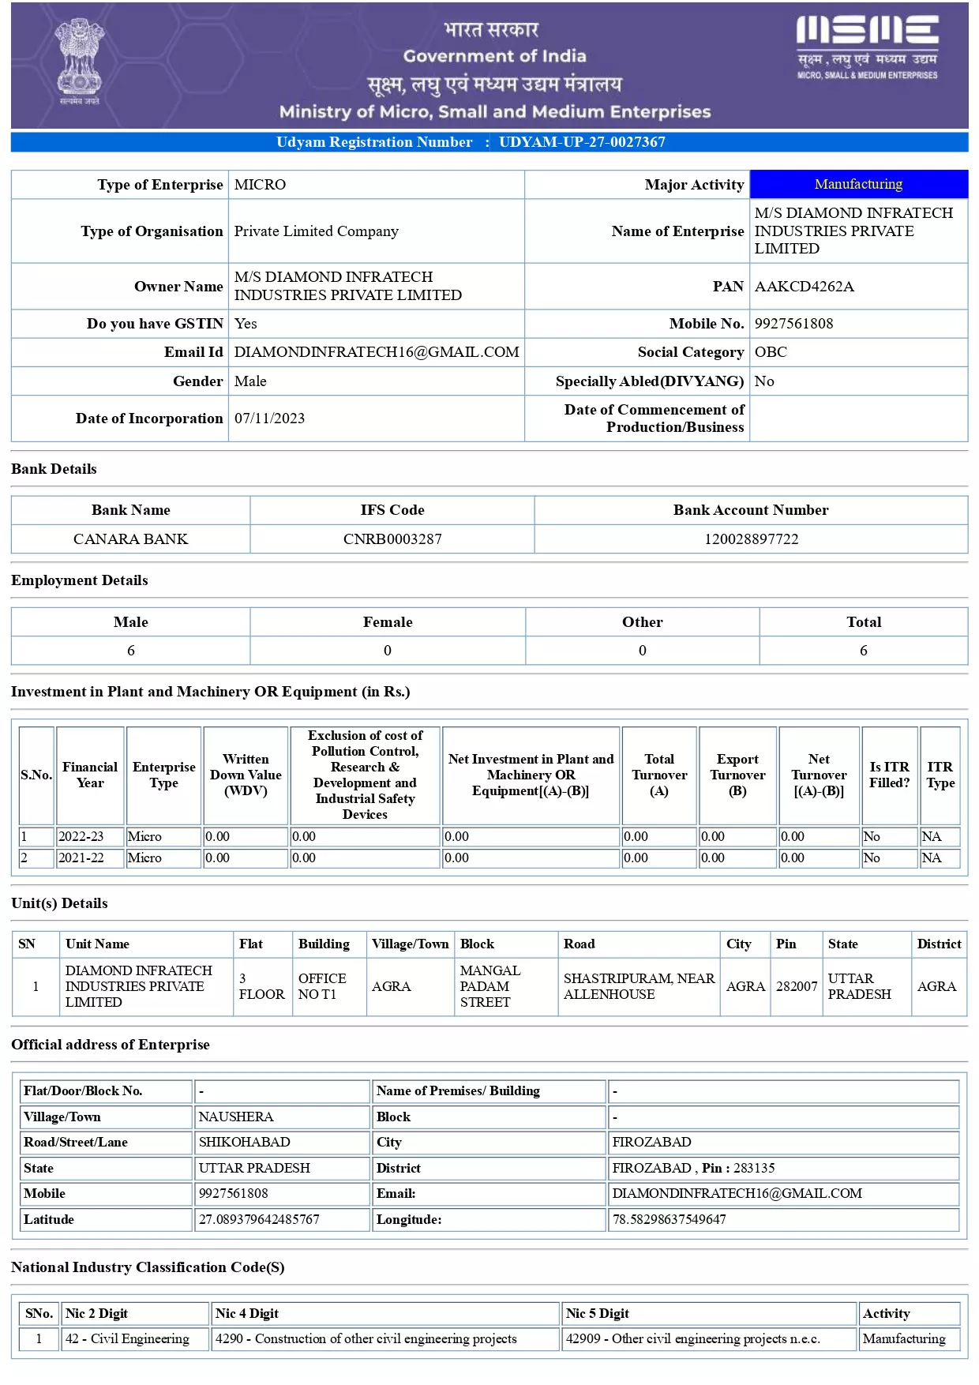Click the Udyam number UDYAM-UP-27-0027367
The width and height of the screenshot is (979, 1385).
(x=582, y=142)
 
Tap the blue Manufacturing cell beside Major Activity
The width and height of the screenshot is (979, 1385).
(x=858, y=184)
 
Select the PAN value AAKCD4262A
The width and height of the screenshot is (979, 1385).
(x=804, y=287)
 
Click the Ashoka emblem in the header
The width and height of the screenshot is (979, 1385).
(x=80, y=59)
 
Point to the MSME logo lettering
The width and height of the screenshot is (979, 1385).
(x=867, y=31)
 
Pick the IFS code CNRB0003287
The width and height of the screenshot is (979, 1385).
(x=392, y=539)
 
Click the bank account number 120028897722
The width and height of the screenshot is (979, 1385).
(x=751, y=539)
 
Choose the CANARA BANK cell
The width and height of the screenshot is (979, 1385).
(x=130, y=539)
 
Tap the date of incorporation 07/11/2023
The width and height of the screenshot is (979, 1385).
(x=269, y=419)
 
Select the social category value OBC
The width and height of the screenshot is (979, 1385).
(x=771, y=352)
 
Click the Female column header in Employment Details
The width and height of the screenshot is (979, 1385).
(x=388, y=622)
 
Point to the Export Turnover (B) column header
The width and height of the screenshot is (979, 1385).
(x=737, y=775)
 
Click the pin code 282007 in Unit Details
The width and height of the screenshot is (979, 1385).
(x=797, y=986)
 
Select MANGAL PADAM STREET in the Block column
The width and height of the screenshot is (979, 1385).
(x=489, y=986)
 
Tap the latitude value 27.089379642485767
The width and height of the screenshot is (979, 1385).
(x=259, y=1219)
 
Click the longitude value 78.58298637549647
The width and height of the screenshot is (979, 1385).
(x=669, y=1219)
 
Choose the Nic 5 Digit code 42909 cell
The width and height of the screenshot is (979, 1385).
(x=692, y=1338)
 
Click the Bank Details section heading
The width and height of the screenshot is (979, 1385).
(x=54, y=469)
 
